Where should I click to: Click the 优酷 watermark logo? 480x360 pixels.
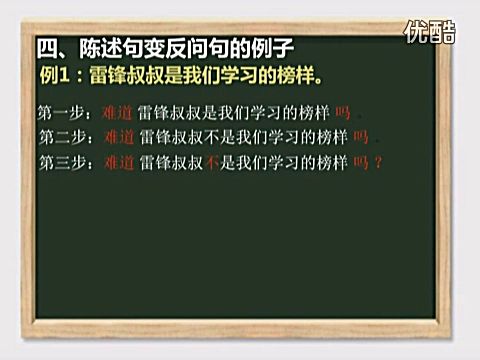point(427,34)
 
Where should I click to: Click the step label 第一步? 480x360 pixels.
point(57,114)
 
